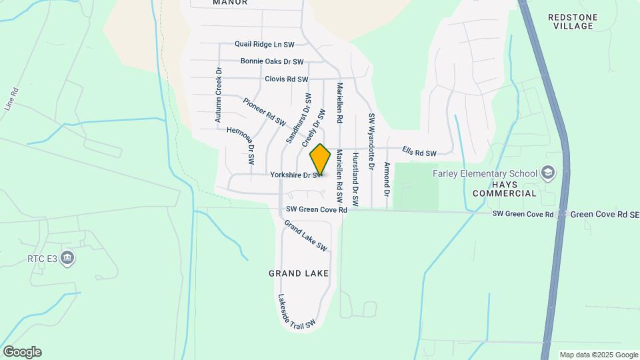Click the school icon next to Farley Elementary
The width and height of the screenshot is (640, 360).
[548, 173]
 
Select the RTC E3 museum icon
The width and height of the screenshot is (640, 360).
[67, 257]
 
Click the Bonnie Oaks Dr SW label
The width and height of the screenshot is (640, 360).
[272, 62]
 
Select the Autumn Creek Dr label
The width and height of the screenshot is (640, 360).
[218, 94]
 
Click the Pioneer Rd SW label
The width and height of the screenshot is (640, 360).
[264, 113]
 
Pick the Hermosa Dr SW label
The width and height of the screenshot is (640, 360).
[241, 145]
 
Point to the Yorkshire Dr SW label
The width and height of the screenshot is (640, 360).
[293, 175]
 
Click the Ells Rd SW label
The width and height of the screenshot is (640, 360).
[419, 153]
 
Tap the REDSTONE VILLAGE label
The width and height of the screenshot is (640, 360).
[573, 21]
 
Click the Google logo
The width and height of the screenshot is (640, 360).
[22, 352]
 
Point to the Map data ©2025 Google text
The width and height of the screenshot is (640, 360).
[598, 355]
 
